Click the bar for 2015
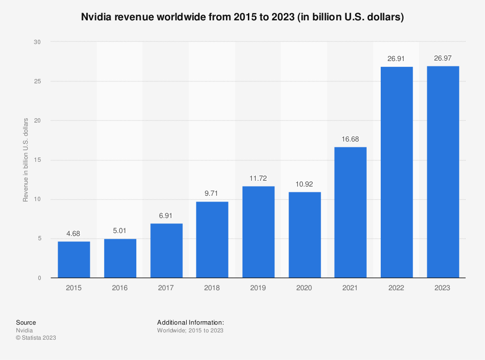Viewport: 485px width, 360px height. pyautogui.click(x=74, y=259)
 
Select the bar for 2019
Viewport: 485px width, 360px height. pyautogui.click(x=258, y=232)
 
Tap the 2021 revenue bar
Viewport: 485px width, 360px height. pyautogui.click(x=350, y=212)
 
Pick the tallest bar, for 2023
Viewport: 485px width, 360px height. pyautogui.click(x=443, y=172)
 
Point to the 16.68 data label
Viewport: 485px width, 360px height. pyautogui.click(x=350, y=140)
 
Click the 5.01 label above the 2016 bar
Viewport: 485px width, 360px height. pyautogui.click(x=120, y=231)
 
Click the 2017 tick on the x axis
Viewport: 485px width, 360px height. pyautogui.click(x=166, y=288)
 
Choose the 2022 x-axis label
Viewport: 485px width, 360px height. pyautogui.click(x=396, y=288)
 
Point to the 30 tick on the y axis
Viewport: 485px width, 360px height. pyautogui.click(x=37, y=42)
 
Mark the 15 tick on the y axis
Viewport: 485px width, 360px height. pyautogui.click(x=37, y=160)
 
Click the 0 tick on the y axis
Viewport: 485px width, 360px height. pyautogui.click(x=39, y=278)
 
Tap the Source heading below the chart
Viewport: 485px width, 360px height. pyautogui.click(x=26, y=322)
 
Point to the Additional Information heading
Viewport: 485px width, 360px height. pyautogui.click(x=190, y=322)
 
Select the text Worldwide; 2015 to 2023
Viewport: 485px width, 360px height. pyautogui.click(x=190, y=330)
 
